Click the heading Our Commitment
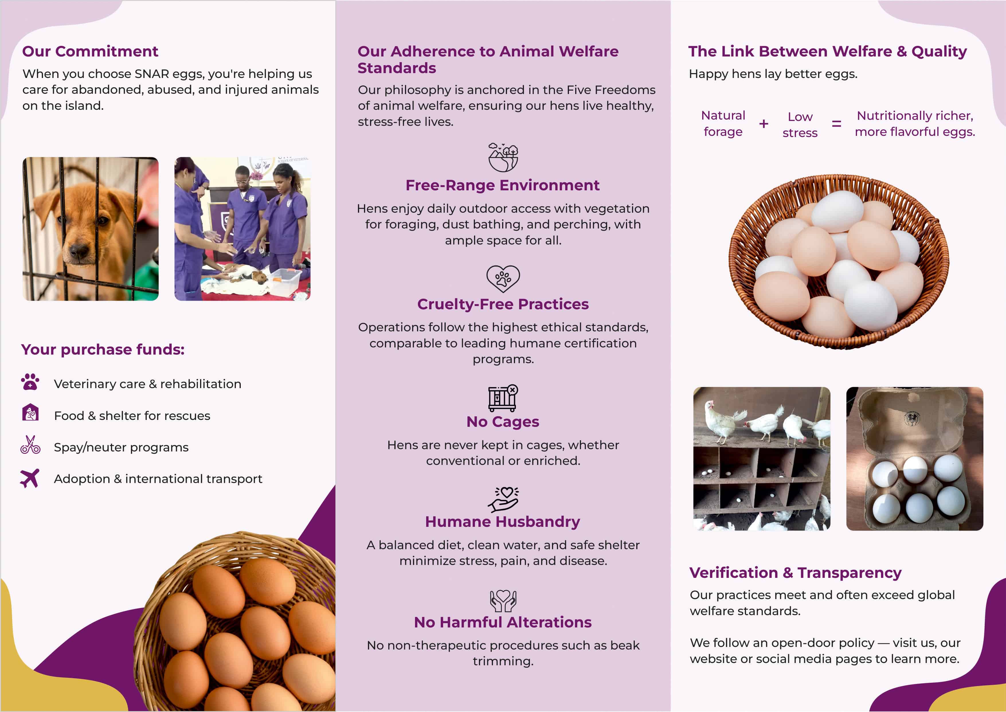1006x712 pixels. tap(90, 51)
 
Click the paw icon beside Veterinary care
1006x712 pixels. tap(30, 382)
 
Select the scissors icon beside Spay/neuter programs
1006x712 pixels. tap(30, 445)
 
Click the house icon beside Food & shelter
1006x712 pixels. tap(30, 412)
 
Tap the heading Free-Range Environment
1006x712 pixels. tap(502, 185)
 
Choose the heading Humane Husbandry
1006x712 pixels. tap(502, 522)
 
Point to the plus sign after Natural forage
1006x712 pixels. tap(764, 124)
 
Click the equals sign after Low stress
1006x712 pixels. tap(836, 124)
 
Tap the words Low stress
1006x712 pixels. tap(800, 124)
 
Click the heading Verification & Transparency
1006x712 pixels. tap(795, 573)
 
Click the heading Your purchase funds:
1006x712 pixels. tap(103, 349)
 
